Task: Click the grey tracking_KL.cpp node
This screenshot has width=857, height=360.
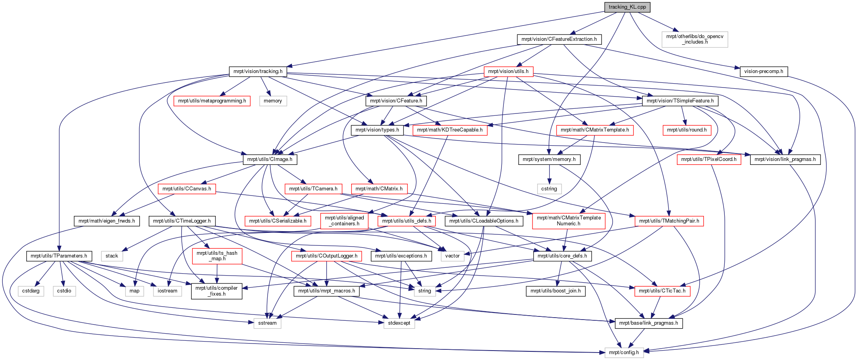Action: point(627,7)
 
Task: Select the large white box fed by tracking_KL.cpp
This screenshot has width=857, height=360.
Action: point(695,40)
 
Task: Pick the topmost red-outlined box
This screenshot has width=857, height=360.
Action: point(508,71)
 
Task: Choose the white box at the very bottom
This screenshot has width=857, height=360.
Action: point(624,353)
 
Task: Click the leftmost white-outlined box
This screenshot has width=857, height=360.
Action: point(31,291)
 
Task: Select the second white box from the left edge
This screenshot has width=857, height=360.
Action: point(64,291)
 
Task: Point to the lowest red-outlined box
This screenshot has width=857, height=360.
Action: point(662,291)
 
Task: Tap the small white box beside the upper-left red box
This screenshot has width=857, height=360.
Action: point(273,101)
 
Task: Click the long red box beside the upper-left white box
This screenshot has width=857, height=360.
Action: point(212,101)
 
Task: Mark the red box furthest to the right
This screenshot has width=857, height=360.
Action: point(709,159)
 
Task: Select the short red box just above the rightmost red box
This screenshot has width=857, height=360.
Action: point(687,130)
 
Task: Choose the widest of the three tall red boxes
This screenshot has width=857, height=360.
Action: point(569,221)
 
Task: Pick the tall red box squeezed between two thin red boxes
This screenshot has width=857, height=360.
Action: point(344,221)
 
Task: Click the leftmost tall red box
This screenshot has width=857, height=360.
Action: point(217,256)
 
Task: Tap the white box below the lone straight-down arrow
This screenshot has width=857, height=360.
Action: point(549,189)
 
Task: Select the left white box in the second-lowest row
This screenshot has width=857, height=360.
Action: point(268,323)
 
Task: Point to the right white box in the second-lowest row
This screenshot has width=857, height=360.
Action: point(399,323)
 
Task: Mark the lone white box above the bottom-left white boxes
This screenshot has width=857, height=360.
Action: point(112,256)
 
